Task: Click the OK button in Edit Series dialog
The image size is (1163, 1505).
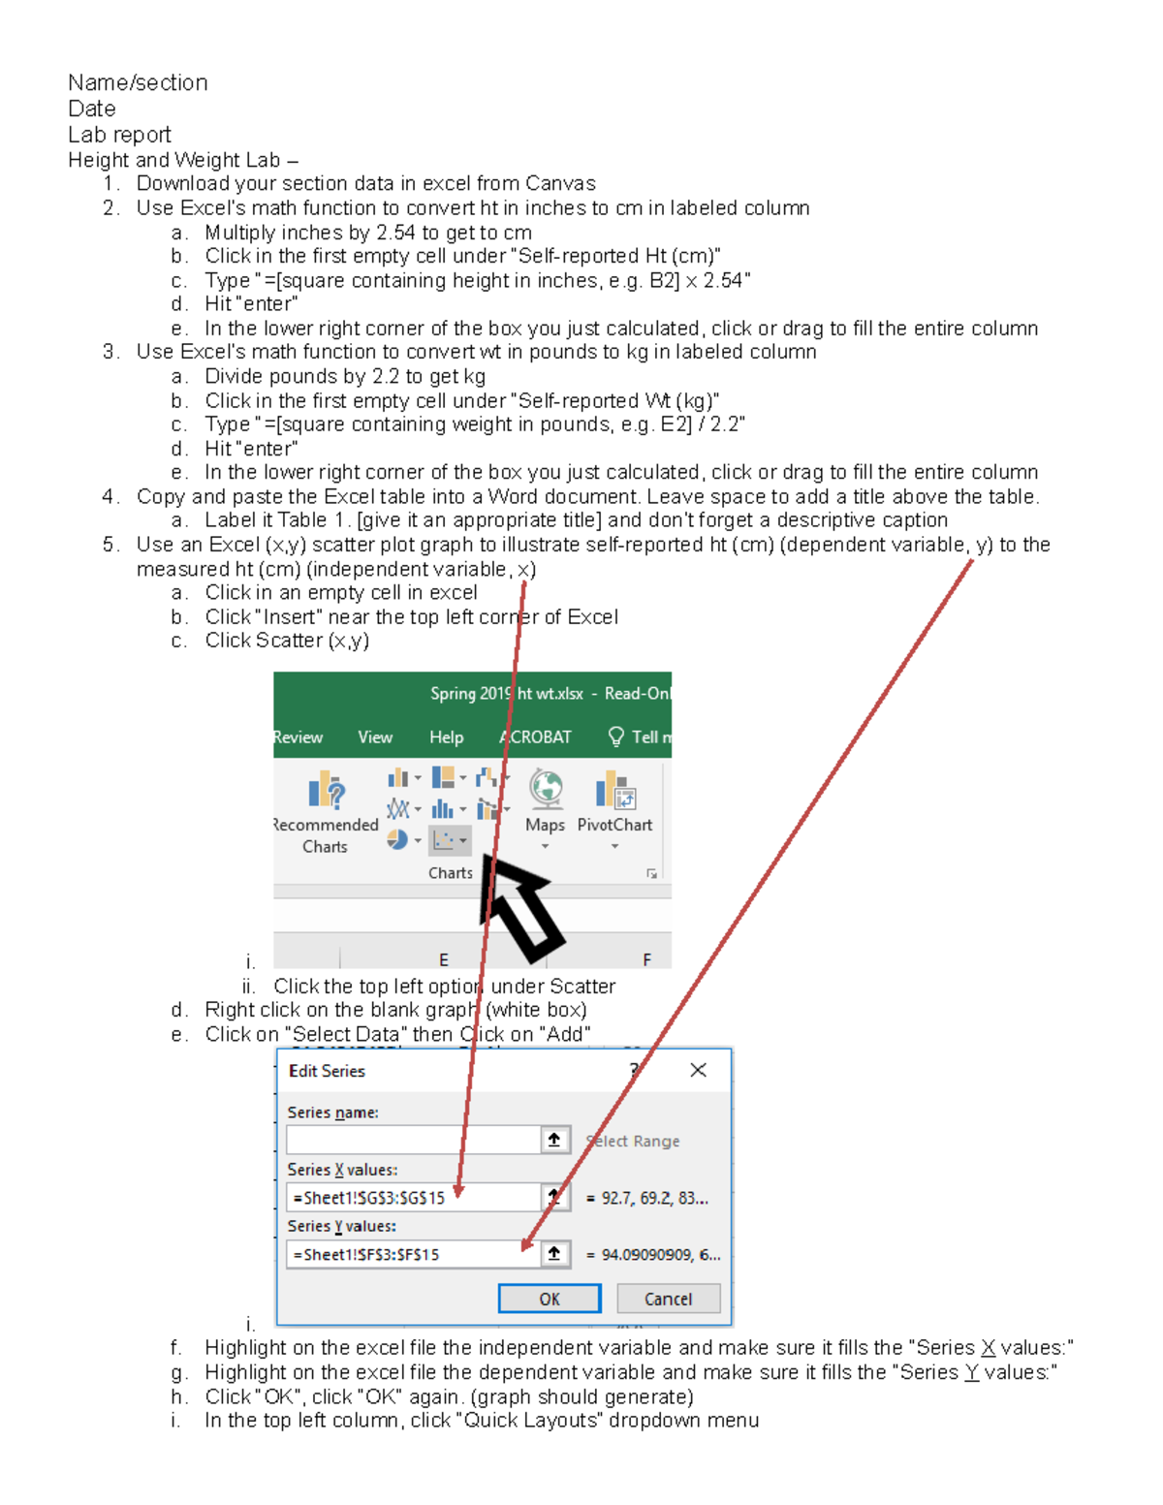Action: pyautogui.click(x=549, y=1299)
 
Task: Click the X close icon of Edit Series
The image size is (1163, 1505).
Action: pyautogui.click(x=698, y=1070)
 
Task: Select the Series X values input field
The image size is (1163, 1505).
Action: pyautogui.click(x=413, y=1198)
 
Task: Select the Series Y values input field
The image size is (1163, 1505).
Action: pyautogui.click(x=413, y=1254)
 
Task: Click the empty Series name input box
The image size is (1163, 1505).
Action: pyautogui.click(x=413, y=1140)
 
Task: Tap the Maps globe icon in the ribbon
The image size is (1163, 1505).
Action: pyautogui.click(x=546, y=791)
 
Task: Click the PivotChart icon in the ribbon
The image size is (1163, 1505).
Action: pyautogui.click(x=614, y=791)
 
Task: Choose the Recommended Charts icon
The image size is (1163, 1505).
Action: pyautogui.click(x=327, y=791)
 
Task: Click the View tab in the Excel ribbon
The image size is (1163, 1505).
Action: pyautogui.click(x=375, y=737)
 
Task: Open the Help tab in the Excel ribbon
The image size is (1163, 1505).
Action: pyautogui.click(x=446, y=737)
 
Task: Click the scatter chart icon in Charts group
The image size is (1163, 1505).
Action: pyautogui.click(x=445, y=840)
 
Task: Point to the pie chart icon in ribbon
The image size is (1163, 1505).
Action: pyautogui.click(x=397, y=839)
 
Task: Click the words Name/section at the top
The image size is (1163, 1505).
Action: pyautogui.click(x=138, y=83)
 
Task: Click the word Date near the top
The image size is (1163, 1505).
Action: pyautogui.click(x=92, y=109)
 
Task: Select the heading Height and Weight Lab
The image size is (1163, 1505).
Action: pyautogui.click(x=174, y=160)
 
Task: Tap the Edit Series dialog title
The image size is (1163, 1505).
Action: pyautogui.click(x=327, y=1071)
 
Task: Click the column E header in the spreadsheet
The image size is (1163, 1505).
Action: pyautogui.click(x=443, y=959)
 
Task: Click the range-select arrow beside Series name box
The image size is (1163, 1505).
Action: pyautogui.click(x=554, y=1140)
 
